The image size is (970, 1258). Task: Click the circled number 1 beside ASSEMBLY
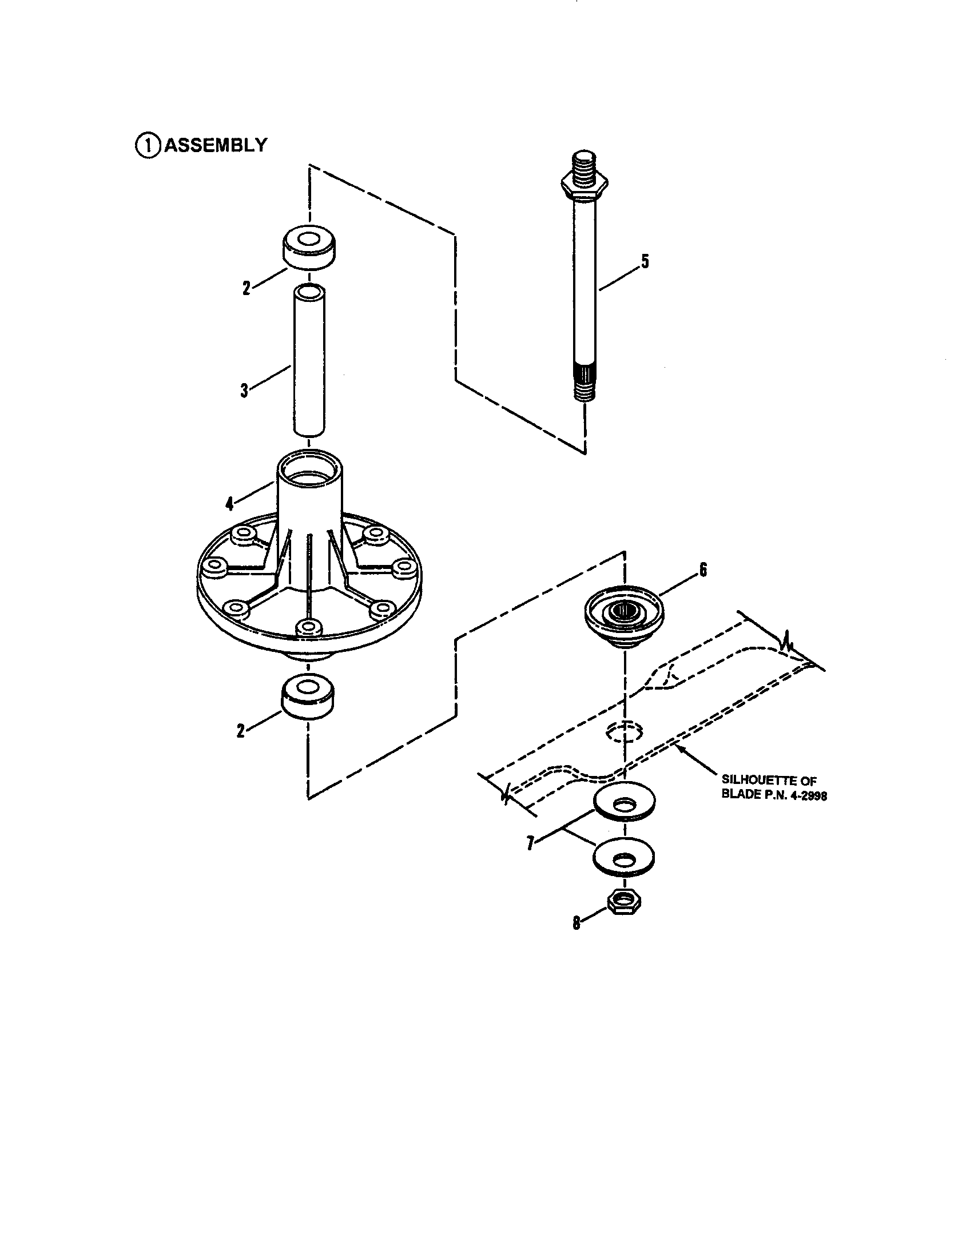pos(148,145)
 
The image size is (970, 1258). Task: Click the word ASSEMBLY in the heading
pos(216,145)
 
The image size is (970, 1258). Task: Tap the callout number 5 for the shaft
pos(645,261)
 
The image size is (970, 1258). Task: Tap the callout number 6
pos(703,570)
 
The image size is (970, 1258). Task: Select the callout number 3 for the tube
pos(244,390)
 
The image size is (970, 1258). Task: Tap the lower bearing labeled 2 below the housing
pos(309,696)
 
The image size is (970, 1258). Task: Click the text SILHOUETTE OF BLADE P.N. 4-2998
pos(774,789)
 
